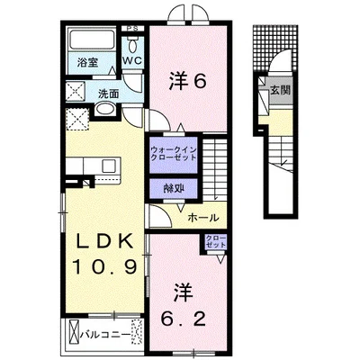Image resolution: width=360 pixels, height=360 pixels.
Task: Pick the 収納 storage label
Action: [174, 188]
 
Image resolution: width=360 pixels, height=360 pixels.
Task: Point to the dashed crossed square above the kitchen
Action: [76, 120]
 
